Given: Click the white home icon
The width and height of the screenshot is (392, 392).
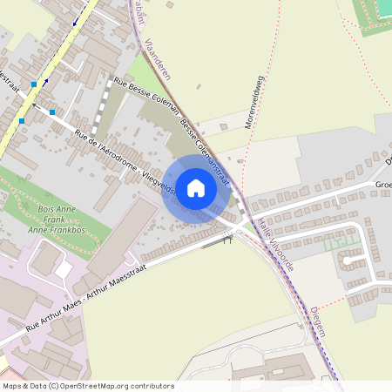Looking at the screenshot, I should pos(195,187).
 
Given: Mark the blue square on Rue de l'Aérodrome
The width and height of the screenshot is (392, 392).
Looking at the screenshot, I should pos(52,112).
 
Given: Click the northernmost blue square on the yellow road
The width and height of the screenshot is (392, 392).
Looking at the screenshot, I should pos(33,84).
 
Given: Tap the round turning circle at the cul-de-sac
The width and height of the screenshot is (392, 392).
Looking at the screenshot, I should pos(347,259).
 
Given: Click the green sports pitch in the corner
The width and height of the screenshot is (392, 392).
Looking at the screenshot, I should pos(376,10).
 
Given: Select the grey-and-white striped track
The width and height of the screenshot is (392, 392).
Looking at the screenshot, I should pos(104,108).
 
